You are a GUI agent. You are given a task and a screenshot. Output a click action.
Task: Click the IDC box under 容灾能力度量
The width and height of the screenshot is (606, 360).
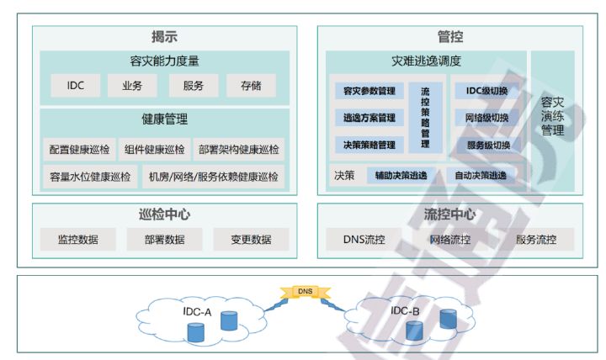click(x=76, y=85)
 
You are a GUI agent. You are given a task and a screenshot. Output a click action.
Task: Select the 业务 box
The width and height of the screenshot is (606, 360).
click(x=131, y=85)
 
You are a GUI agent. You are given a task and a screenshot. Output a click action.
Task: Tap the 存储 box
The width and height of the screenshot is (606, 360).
click(x=250, y=85)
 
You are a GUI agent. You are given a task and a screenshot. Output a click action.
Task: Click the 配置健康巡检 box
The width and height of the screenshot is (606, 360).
click(x=79, y=150)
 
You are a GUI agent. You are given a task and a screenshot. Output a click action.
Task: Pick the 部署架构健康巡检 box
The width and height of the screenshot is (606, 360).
click(x=238, y=150)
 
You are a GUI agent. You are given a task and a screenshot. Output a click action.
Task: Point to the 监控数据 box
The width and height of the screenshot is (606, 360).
click(x=77, y=239)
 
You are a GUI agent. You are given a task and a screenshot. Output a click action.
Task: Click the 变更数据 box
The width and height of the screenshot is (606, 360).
click(x=251, y=239)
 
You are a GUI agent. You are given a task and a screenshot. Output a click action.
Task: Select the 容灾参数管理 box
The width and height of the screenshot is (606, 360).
click(x=369, y=91)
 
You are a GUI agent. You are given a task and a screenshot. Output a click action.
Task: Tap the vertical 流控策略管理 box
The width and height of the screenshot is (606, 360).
click(x=425, y=118)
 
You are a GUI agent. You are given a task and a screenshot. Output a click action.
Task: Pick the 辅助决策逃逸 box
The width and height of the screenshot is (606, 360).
click(x=401, y=176)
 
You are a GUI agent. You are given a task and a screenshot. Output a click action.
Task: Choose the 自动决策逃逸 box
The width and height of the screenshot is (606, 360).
click(x=480, y=176)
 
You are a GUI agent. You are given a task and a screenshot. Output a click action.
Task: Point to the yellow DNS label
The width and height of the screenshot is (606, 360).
click(x=306, y=292)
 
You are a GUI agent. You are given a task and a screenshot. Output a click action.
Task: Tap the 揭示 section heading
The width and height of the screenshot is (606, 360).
click(x=164, y=37)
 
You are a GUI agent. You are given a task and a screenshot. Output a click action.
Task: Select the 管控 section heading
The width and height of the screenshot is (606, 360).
click(x=449, y=37)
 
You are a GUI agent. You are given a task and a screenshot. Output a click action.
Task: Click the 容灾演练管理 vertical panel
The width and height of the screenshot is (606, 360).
click(x=552, y=118)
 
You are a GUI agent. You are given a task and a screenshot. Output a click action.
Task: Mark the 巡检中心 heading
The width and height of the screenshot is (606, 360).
click(x=164, y=214)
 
